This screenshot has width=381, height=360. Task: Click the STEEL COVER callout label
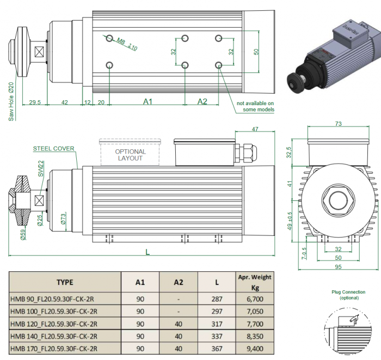click(x=53, y=149)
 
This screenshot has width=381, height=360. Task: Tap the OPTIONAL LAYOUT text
click(x=130, y=155)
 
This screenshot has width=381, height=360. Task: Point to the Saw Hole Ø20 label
click(x=11, y=101)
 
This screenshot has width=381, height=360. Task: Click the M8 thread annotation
click(x=127, y=44)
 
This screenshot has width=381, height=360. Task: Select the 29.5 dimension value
click(x=35, y=102)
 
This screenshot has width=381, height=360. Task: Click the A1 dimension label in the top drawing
click(x=148, y=101)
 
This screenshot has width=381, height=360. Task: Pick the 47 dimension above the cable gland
click(x=255, y=129)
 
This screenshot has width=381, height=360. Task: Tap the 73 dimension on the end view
click(x=338, y=124)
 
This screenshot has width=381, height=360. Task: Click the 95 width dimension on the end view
click(x=338, y=267)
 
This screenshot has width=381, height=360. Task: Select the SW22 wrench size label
click(x=41, y=168)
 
